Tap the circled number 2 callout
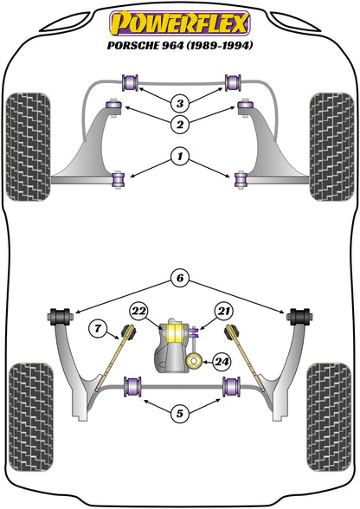click(179, 126)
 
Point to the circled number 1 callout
click(179, 157)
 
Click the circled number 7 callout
click(97, 326)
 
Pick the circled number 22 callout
click(139, 311)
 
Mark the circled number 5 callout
click(179, 414)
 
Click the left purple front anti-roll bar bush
click(132, 83)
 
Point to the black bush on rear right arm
click(301, 314)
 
